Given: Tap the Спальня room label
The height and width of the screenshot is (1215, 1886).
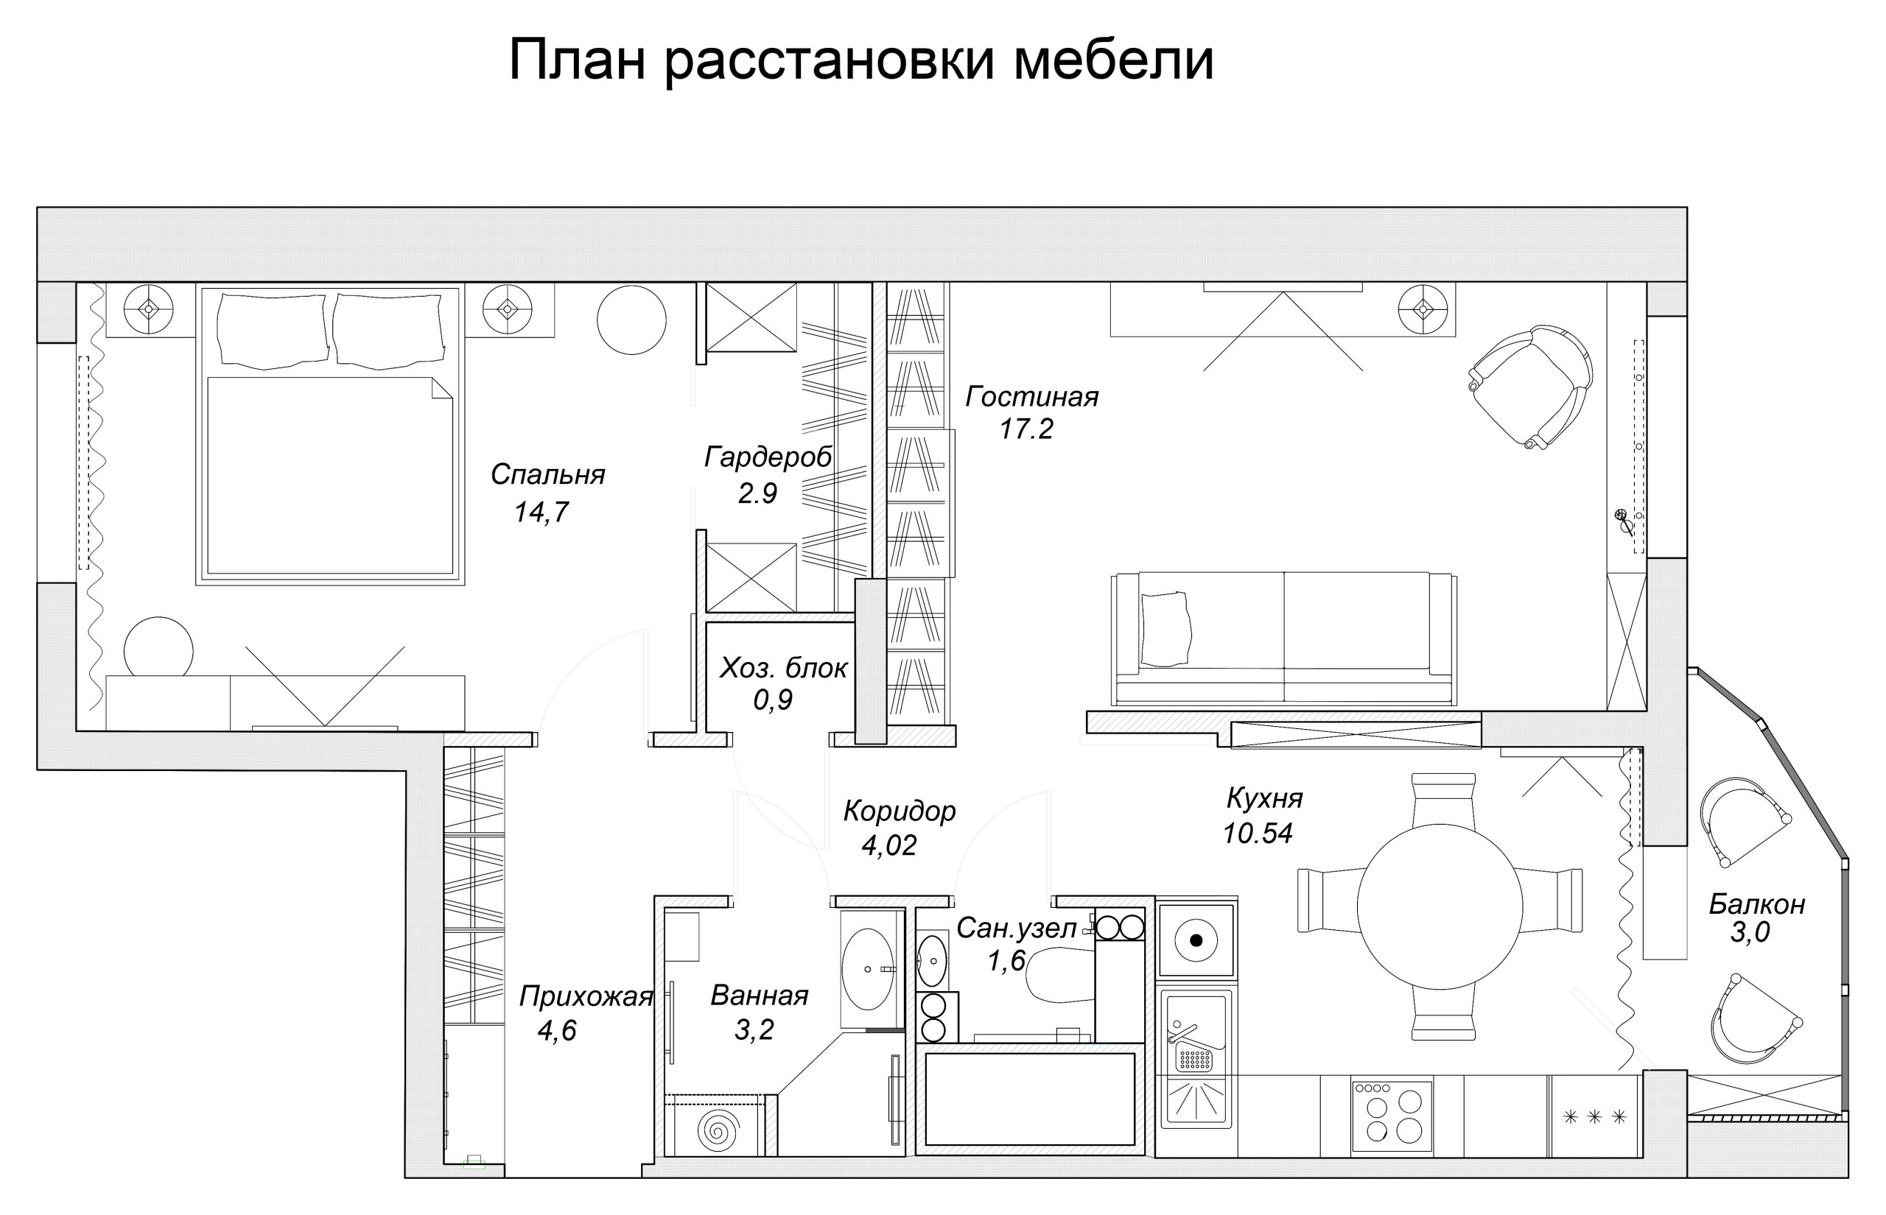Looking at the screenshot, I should [547, 474].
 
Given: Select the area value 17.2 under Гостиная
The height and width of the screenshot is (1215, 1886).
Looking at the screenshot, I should [1026, 429].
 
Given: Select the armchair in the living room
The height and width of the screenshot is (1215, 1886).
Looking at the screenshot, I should [1531, 387].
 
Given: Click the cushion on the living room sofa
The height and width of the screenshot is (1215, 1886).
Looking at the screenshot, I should [1165, 629].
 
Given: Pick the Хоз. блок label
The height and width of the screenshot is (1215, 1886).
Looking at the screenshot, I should [783, 669].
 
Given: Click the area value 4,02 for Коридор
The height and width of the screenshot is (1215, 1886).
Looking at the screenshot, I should [888, 846].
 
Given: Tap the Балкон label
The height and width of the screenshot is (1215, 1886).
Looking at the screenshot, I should [1756, 904].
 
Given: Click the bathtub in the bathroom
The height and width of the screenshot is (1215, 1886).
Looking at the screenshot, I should [1030, 1099].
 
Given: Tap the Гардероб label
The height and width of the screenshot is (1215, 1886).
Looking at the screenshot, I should [768, 457].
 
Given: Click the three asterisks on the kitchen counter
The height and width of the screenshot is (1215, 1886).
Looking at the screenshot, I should [1594, 1117].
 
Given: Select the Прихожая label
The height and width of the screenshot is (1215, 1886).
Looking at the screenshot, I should [586, 997].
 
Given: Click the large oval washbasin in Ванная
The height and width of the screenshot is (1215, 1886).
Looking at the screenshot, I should [867, 969].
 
